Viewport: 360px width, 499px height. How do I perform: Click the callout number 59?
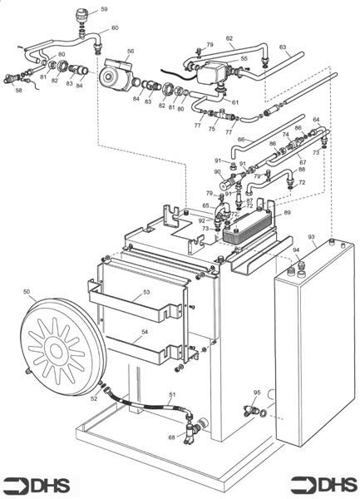click(104, 9)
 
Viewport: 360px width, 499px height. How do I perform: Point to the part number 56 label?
click(130, 52)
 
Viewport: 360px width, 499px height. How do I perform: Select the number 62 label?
click(229, 39)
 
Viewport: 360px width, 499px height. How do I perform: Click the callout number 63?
click(283, 47)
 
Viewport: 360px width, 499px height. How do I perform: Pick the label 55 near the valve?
click(244, 59)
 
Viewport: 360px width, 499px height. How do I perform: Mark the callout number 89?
click(287, 214)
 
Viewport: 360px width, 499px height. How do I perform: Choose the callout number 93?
click(312, 238)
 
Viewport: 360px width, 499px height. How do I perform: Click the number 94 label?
click(295, 249)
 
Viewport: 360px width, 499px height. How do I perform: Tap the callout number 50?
click(27, 292)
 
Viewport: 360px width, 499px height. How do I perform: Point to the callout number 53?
click(146, 293)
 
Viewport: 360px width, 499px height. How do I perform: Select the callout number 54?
click(146, 332)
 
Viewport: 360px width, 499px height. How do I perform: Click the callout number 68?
click(171, 437)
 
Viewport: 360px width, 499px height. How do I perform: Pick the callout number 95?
click(257, 392)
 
